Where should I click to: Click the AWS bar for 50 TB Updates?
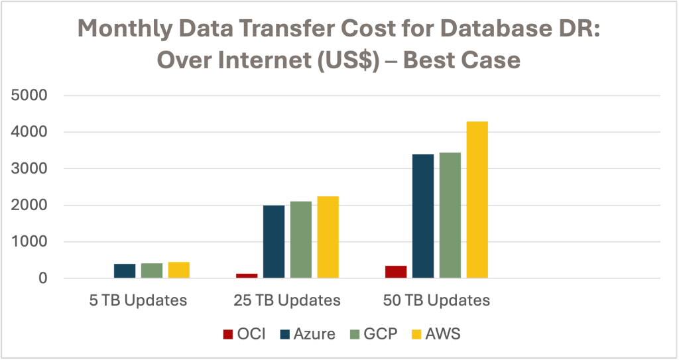click(x=477, y=200)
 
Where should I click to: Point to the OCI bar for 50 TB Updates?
click(x=396, y=272)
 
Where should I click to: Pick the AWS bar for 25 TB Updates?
click(x=328, y=237)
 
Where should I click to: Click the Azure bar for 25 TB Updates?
click(x=273, y=242)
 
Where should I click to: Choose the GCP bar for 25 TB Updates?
click(x=300, y=240)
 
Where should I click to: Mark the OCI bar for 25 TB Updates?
click(x=247, y=275)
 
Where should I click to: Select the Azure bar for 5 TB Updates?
click(x=125, y=271)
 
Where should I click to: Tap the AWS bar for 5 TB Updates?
click(x=178, y=270)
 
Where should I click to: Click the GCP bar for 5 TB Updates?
click(x=152, y=270)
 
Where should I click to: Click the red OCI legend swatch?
click(x=227, y=334)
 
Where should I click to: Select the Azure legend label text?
click(x=315, y=334)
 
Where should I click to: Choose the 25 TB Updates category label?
click(x=287, y=300)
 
